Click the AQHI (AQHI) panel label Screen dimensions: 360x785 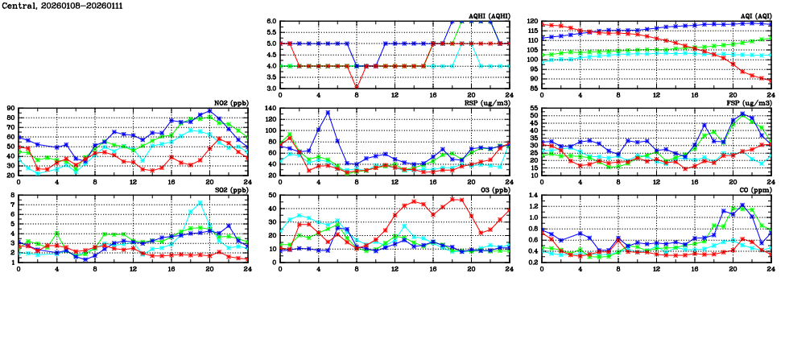click(x=489, y=16)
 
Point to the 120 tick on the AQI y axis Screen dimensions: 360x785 click(x=532, y=22)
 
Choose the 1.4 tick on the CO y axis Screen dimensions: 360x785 click(x=532, y=196)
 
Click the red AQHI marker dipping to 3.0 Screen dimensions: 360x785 click(x=357, y=87)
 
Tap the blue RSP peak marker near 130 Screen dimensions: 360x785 click(x=328, y=113)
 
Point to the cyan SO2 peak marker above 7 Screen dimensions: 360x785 click(x=200, y=203)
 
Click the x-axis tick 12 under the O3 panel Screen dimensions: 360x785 click(x=395, y=268)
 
